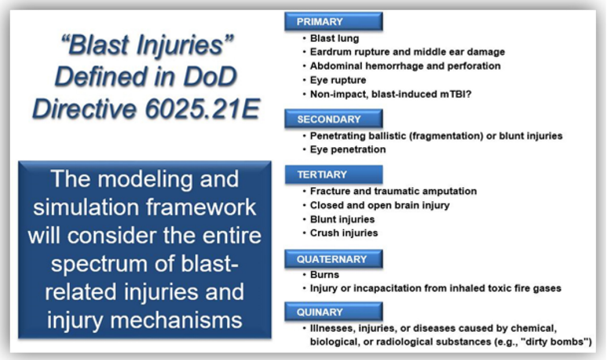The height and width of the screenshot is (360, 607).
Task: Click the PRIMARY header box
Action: click(334, 21)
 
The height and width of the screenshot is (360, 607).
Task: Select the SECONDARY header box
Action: click(334, 119)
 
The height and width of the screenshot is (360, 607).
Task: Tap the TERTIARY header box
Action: click(334, 175)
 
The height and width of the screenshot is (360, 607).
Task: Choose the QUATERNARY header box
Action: click(334, 259)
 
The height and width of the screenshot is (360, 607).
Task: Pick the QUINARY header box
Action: click(334, 312)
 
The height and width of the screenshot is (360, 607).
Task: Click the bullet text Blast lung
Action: click(335, 38)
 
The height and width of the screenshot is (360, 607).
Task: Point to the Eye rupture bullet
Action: click(338, 80)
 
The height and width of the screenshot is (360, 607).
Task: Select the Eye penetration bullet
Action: click(347, 150)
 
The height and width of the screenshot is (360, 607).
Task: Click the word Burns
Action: click(324, 274)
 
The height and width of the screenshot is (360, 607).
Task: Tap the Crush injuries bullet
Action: click(344, 233)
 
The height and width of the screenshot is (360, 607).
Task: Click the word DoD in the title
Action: click(210, 76)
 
